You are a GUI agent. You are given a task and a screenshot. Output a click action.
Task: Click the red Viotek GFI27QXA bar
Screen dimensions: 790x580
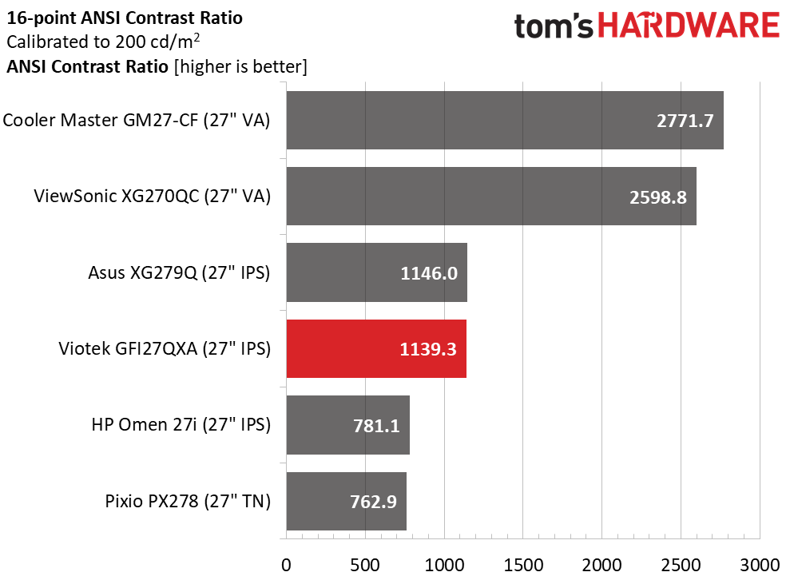(376, 348)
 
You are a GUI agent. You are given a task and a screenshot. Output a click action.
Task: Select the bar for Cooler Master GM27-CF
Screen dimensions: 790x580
(505, 120)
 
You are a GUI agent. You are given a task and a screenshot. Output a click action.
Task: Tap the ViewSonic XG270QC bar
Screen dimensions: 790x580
(491, 196)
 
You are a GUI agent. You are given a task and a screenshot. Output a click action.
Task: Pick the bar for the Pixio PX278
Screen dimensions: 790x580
(347, 501)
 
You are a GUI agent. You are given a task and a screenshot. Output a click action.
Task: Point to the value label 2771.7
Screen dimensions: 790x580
(685, 121)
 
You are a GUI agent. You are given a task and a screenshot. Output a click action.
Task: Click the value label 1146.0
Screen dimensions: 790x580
(429, 273)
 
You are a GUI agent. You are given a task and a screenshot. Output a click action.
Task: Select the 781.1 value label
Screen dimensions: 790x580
(376, 426)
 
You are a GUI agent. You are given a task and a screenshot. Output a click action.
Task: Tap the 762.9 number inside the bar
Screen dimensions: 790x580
(373, 502)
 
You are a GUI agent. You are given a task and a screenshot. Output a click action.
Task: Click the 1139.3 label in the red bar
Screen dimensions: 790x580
(427, 349)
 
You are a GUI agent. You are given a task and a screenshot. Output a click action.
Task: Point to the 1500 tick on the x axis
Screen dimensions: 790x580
(523, 565)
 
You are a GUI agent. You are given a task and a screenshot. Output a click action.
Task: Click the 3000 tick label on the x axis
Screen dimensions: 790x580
(760, 565)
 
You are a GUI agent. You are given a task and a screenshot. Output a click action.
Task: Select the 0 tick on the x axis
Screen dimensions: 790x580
(286, 565)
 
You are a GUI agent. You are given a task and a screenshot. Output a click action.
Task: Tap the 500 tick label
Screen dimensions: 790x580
(365, 565)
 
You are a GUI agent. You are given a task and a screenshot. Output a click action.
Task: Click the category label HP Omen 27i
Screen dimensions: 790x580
(181, 425)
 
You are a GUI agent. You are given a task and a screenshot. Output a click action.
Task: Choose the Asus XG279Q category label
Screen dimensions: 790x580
(179, 272)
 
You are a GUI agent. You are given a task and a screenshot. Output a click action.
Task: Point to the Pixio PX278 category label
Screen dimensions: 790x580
(188, 501)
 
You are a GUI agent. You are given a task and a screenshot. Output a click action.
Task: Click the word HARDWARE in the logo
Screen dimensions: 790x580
(689, 26)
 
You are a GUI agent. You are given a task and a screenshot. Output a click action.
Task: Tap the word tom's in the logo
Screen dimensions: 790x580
(554, 26)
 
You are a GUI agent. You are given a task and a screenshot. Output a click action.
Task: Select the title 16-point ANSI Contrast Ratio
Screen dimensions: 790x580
(125, 18)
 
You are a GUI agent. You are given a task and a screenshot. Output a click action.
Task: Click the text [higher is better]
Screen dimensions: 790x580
(240, 66)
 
